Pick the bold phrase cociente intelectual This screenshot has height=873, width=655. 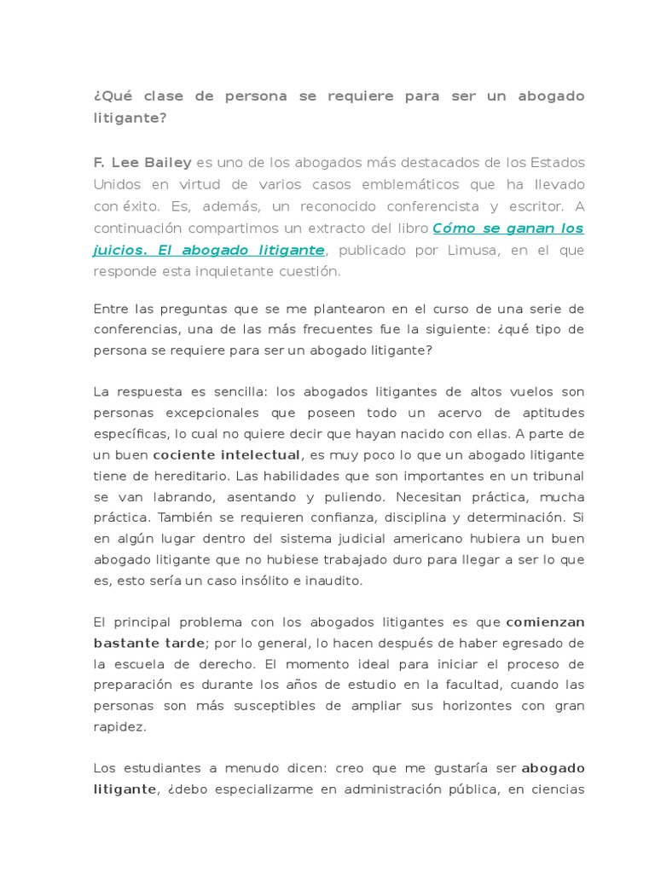tap(226, 454)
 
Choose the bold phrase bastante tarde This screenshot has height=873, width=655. tap(148, 642)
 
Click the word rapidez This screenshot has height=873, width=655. tap(119, 726)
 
